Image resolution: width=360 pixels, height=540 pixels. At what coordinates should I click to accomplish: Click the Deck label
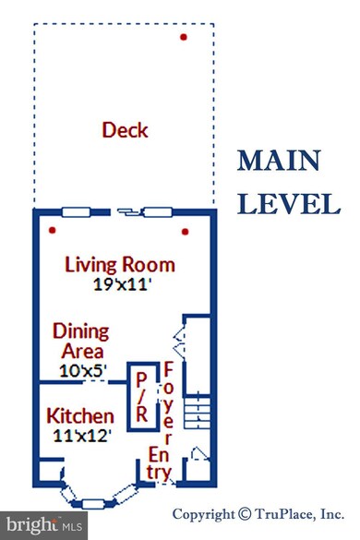coord(125,130)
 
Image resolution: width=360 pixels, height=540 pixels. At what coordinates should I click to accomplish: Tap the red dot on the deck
coord(184,37)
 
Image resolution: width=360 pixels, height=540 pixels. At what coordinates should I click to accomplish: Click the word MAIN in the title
coord(279,161)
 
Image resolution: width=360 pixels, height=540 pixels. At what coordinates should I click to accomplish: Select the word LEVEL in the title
coord(289,204)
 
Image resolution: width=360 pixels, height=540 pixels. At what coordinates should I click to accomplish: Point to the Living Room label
coord(120,265)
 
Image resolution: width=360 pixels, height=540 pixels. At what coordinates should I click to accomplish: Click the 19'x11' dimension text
coord(122,284)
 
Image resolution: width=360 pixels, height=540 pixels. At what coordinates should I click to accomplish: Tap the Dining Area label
coord(81,341)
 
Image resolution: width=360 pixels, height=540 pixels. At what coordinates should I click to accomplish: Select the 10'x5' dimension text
coord(83,371)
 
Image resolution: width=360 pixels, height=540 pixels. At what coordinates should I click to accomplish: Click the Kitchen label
coord(80,416)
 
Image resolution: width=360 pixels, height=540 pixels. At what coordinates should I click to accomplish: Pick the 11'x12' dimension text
coord(82,436)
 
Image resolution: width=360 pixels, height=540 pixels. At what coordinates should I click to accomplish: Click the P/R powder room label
coord(142,397)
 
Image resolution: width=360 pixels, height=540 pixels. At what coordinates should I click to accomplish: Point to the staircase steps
coord(197,411)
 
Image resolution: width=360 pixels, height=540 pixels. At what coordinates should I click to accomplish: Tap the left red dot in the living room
coord(52,230)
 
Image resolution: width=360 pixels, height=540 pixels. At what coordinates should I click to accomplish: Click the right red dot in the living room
coord(185,232)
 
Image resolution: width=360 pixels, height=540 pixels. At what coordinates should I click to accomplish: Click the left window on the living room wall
coord(76,211)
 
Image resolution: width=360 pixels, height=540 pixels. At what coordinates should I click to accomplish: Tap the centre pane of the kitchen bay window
coord(93,504)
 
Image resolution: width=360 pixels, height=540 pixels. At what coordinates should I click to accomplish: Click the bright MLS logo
coord(43,525)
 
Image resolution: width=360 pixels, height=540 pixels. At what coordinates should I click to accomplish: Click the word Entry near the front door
coord(159,463)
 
